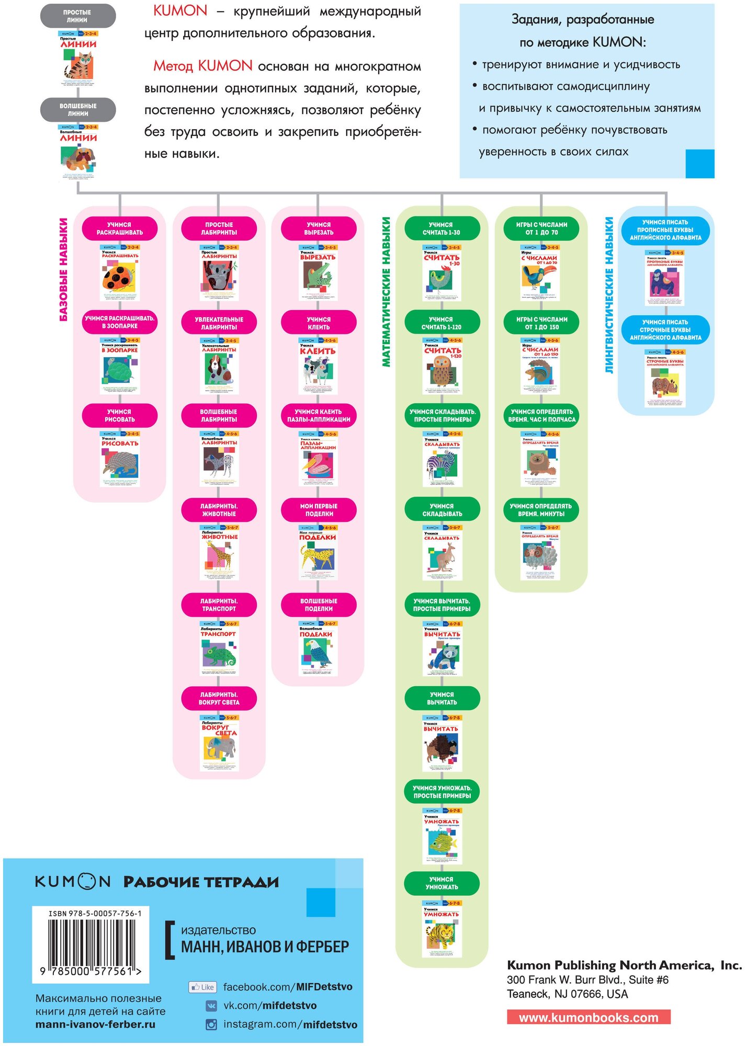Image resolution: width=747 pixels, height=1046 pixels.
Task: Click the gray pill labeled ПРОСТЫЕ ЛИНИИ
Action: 78,16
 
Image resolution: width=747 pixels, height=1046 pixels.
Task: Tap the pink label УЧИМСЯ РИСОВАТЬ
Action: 120,416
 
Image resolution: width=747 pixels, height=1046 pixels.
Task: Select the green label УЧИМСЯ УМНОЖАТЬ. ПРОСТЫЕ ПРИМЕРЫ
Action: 442,792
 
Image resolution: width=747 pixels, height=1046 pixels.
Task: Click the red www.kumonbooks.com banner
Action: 588,1017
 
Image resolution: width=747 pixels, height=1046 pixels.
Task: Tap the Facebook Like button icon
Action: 202,987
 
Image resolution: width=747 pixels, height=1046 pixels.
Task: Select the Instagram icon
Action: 211,1025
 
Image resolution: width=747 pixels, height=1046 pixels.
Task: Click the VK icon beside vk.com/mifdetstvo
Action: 211,1006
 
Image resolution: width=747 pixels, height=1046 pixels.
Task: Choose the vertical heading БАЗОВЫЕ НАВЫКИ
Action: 63,269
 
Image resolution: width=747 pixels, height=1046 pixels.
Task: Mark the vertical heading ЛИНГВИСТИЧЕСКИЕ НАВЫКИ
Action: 608,295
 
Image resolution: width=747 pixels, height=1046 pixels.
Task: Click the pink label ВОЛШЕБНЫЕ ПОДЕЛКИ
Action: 319,605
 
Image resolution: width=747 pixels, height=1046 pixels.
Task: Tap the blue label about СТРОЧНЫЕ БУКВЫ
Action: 665,330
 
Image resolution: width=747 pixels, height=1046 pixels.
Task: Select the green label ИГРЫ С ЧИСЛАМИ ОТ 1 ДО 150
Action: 541,323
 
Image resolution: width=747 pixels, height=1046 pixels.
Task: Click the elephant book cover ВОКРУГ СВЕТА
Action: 219,743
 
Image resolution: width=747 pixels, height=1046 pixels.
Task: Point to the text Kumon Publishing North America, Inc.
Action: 624,965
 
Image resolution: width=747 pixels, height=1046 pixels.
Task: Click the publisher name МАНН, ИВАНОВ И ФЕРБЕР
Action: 265,947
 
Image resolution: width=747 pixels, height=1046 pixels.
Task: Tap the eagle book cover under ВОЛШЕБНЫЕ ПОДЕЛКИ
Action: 319,649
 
